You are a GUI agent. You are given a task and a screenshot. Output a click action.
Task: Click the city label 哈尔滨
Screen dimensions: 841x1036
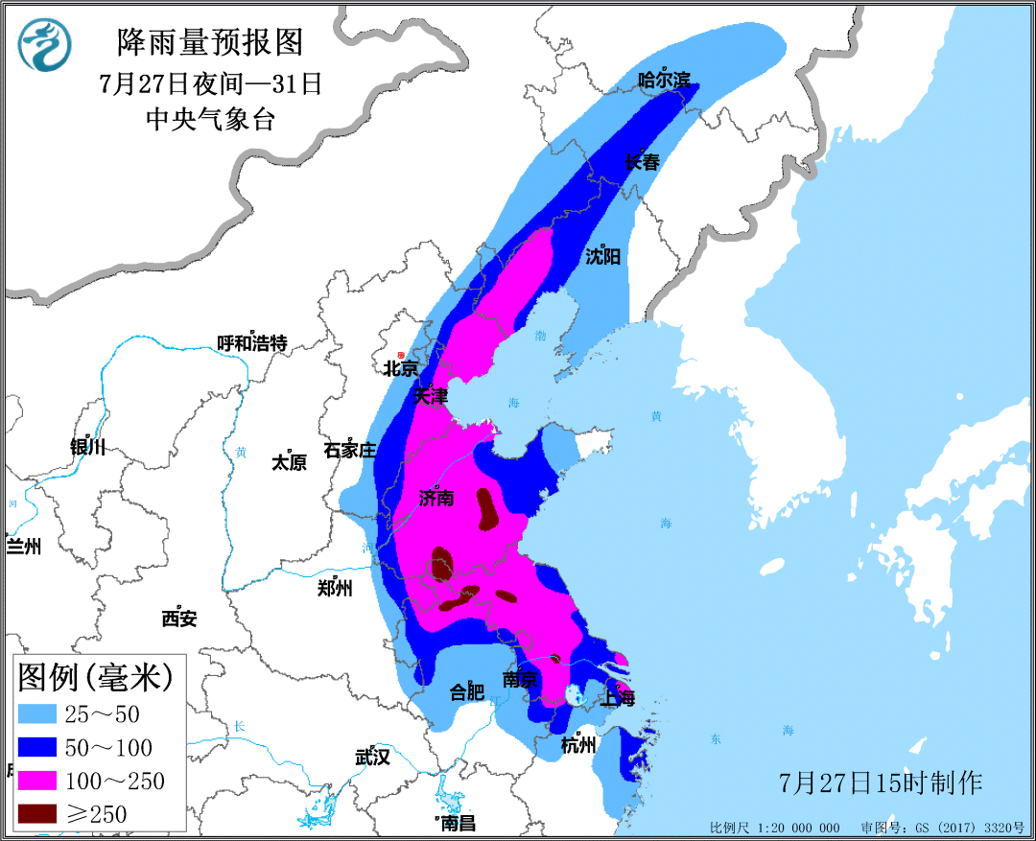[665, 81]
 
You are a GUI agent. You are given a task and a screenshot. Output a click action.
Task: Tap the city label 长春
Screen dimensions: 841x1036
[642, 162]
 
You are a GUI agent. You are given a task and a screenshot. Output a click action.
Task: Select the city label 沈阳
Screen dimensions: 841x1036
[602, 256]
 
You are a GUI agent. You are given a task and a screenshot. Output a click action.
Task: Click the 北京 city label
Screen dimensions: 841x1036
[400, 368]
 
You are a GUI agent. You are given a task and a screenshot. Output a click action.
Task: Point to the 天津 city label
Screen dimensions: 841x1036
[430, 395]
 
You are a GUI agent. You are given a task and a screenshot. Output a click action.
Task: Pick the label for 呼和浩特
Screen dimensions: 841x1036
[251, 343]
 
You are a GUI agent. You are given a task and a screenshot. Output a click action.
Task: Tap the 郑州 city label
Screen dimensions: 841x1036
[334, 588]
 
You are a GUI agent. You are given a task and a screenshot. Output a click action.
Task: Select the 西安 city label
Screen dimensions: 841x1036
[178, 619]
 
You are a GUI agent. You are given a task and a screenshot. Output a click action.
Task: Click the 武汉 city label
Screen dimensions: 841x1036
[372, 757]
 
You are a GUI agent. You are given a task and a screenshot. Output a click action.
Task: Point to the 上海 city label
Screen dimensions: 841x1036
[616, 699]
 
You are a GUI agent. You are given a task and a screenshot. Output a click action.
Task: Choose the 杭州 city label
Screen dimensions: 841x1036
[578, 745]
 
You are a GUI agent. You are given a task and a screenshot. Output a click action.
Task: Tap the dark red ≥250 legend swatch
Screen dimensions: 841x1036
[41, 814]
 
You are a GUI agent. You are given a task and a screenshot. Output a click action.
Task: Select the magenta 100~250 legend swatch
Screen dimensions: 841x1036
[41, 781]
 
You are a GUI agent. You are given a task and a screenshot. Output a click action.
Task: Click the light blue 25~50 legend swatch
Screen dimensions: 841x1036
[41, 713]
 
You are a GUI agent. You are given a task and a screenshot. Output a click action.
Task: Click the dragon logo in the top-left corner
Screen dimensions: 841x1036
[43, 45]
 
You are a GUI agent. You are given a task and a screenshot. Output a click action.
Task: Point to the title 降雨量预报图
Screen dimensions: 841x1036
[209, 42]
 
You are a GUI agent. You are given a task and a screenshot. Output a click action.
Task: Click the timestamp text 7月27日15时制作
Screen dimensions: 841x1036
[881, 783]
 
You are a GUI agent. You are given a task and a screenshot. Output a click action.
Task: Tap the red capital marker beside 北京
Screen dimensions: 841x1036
[401, 355]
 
